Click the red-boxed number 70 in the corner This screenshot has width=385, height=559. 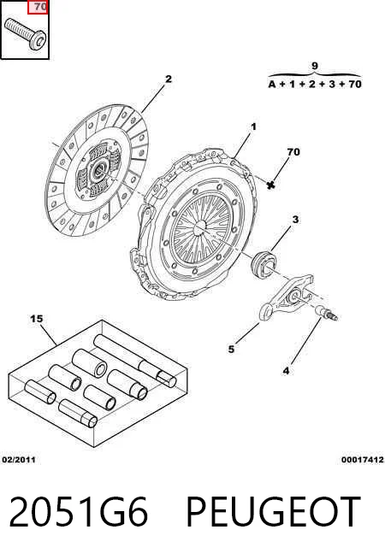(38, 7)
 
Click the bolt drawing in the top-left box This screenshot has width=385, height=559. (25, 33)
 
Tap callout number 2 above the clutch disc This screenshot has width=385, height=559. (168, 79)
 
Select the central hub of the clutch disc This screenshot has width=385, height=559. (98, 171)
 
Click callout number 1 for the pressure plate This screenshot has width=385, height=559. (254, 127)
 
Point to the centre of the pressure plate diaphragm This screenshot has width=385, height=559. (200, 226)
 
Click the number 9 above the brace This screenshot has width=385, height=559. (314, 66)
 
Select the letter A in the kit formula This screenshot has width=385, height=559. (272, 85)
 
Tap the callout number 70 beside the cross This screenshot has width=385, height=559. (293, 152)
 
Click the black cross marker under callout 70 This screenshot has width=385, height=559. (271, 185)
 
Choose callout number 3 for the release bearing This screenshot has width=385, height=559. (295, 220)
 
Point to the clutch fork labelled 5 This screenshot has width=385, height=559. (287, 297)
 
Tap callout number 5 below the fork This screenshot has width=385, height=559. (231, 349)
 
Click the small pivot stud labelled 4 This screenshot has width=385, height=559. (326, 313)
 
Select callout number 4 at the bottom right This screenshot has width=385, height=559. (286, 371)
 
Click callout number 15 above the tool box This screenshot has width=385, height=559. (37, 319)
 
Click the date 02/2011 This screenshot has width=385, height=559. (19, 460)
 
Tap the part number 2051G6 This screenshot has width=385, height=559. (78, 512)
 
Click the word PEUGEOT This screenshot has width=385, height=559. (273, 512)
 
